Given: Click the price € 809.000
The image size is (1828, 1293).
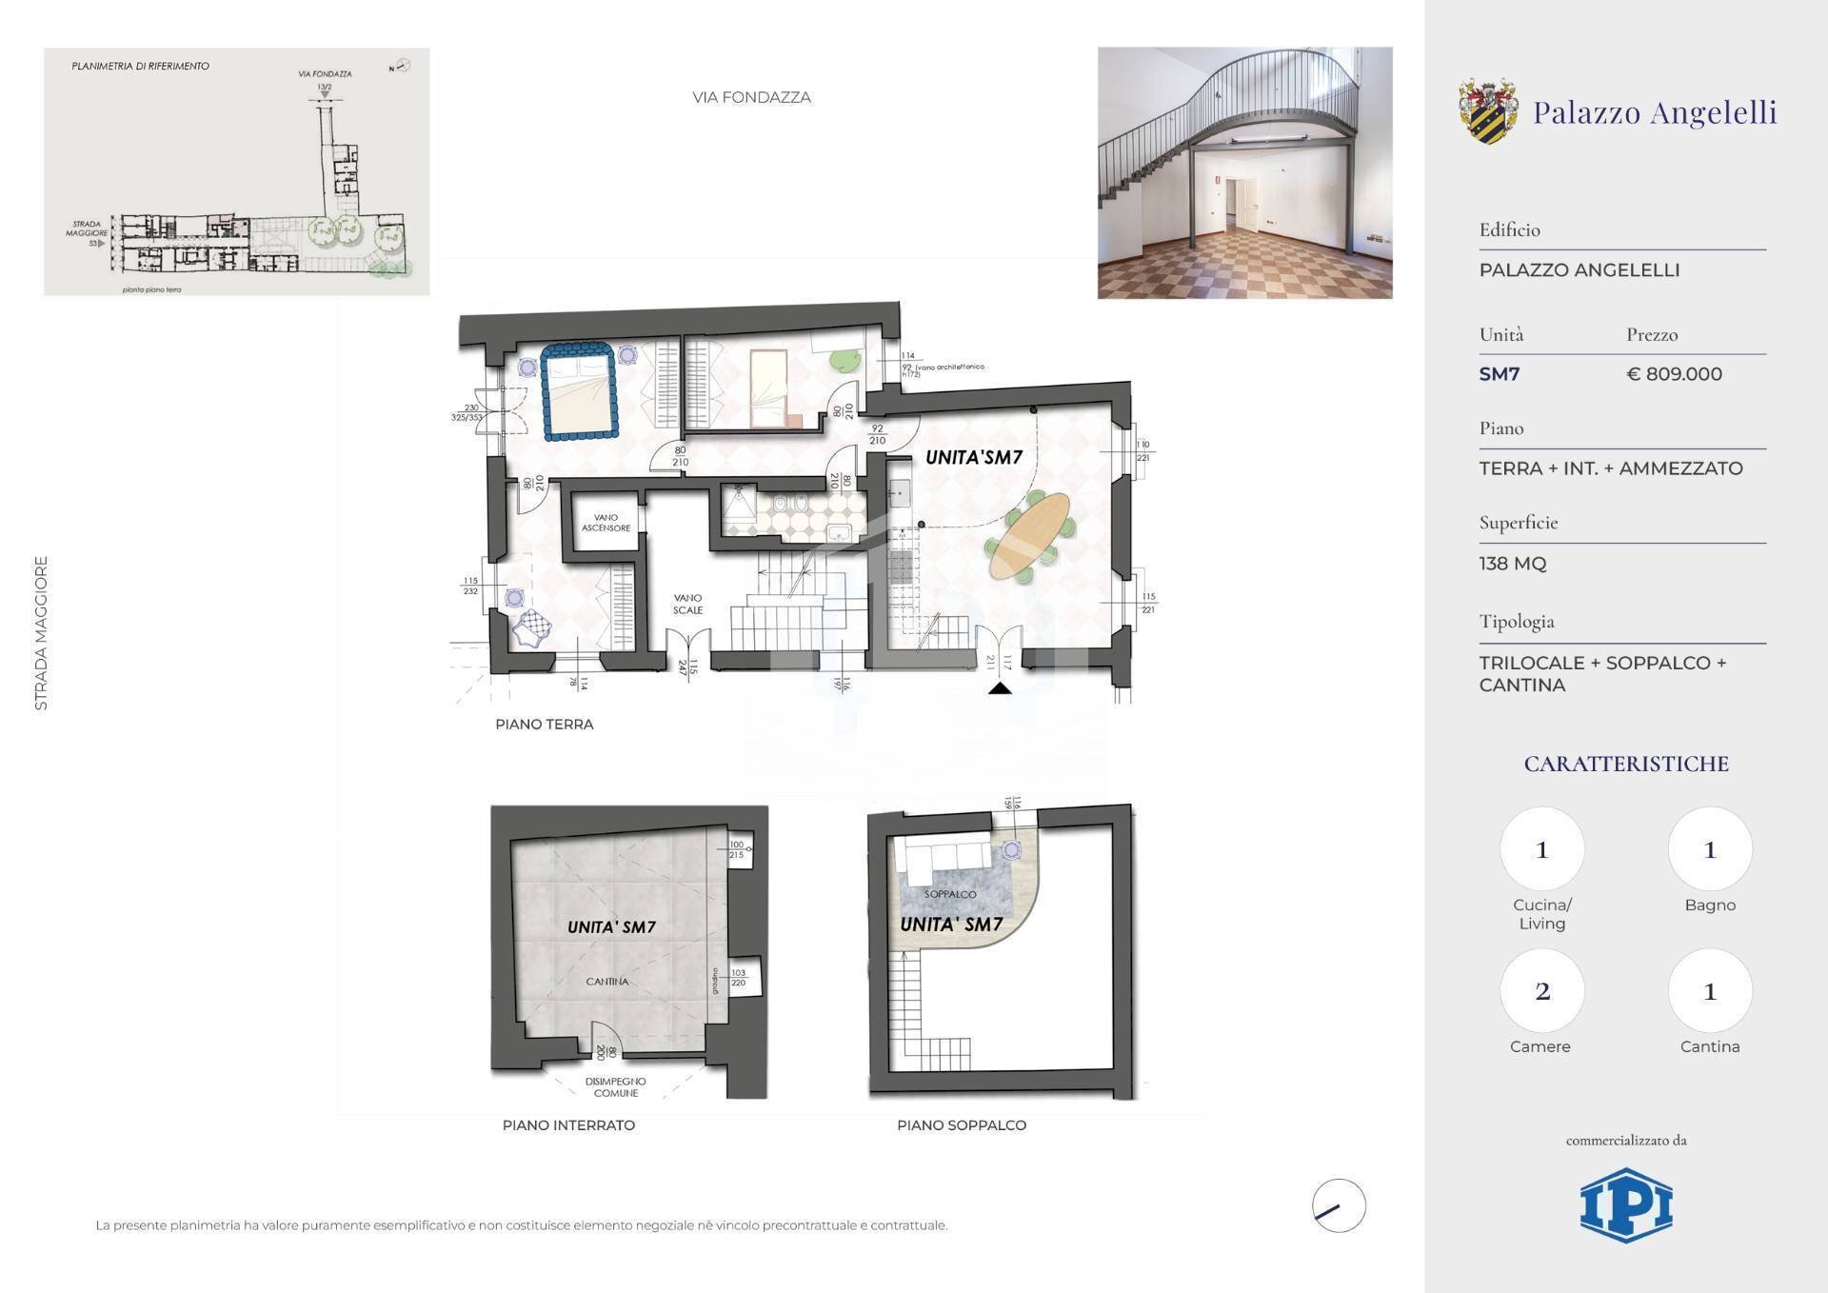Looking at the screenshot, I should point(1674,374).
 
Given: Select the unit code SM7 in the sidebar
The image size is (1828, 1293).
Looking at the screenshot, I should point(1499,374).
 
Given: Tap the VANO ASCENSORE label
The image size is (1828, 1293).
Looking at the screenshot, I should point(606,523).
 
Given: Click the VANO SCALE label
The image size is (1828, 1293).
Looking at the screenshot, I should point(687,604).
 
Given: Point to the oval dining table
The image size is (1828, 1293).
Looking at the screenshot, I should point(1029,536).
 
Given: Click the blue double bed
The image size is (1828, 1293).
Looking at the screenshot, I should point(578,391).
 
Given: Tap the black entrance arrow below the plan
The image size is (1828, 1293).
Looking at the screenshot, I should point(1000,687).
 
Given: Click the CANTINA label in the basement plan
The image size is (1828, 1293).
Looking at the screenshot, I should point(606,982).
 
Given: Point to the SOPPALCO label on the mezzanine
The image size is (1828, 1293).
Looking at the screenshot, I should point(949,894).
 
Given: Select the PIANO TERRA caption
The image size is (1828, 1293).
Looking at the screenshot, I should point(544,725).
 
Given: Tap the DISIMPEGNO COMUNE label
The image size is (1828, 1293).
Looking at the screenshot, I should point(615,1087).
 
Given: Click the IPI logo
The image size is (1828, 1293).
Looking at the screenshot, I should point(1625,1205).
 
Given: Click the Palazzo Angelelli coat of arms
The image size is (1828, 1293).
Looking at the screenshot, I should point(1488,111).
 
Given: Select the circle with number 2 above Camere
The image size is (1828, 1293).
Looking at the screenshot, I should point(1541,991).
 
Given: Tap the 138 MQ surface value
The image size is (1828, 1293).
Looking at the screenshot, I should point(1512,564).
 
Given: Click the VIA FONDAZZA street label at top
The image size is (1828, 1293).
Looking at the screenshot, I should point(751,97).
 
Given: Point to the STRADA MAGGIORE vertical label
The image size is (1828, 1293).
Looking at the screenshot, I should point(41,633).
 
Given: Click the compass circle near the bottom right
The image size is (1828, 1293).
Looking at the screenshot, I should point(1338,1205).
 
